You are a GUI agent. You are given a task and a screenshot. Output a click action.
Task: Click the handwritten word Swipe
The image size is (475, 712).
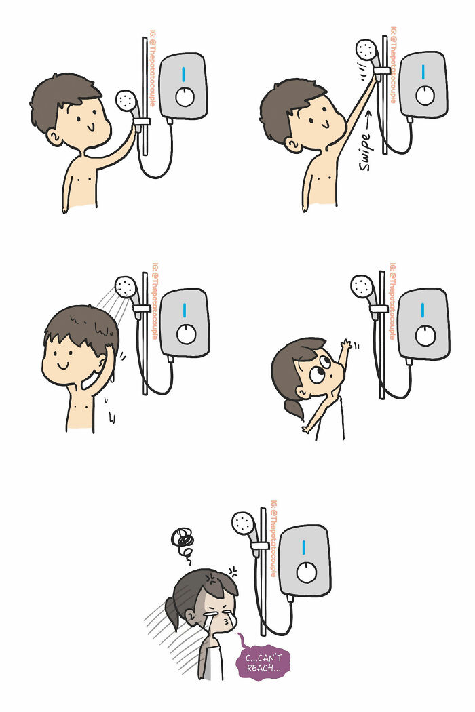click(x=366, y=153)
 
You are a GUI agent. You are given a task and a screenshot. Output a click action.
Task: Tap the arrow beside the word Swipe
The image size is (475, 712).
click(x=367, y=119)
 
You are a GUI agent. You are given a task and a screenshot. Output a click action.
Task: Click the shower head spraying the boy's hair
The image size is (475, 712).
click(x=126, y=287)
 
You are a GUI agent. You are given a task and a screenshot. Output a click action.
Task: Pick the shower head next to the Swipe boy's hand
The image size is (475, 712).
click(x=366, y=50)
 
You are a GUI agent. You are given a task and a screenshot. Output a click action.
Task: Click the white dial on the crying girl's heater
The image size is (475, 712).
click(x=307, y=572)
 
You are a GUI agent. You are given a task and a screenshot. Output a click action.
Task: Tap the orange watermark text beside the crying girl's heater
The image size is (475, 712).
click(x=273, y=539)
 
